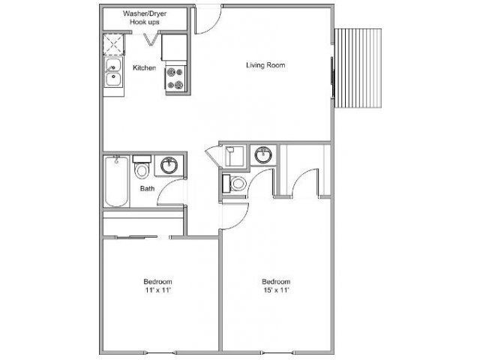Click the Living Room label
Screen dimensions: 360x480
click(x=265, y=64)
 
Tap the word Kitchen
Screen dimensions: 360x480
click(x=144, y=67)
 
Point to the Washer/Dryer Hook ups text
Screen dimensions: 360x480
click(x=145, y=18)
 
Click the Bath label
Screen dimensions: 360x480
click(x=147, y=188)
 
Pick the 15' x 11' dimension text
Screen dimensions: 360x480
click(x=274, y=289)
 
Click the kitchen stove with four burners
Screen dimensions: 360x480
click(x=175, y=78)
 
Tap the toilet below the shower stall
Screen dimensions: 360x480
click(x=234, y=184)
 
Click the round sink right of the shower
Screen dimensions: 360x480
click(x=262, y=156)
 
